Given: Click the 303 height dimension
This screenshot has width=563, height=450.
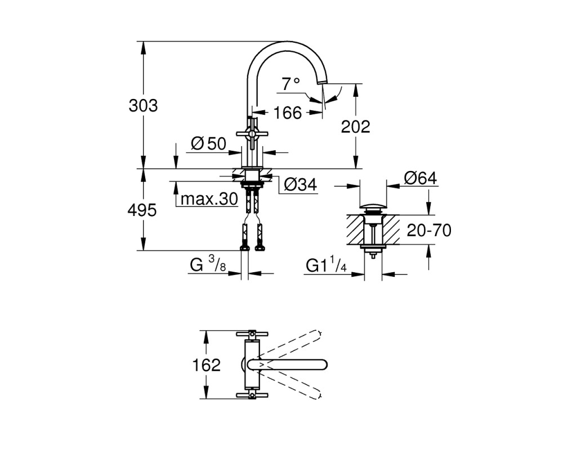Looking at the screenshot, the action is [143, 106].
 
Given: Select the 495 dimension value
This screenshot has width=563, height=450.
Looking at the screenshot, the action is [142, 210].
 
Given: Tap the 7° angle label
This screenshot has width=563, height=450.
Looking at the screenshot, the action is [291, 84].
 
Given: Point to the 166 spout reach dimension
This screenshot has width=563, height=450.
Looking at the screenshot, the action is [288, 113].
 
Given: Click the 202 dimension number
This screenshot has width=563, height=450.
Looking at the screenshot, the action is [355, 127].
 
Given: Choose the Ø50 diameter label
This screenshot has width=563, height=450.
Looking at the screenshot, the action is [209, 144].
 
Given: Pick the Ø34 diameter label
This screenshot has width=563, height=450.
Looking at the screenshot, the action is [301, 185].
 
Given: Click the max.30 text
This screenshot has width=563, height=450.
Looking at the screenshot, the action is [209, 199].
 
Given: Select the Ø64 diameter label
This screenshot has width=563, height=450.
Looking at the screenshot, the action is [421, 178].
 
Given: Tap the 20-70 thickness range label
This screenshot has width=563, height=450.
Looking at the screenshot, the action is [429, 231].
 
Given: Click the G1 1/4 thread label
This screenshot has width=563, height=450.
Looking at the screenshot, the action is [326, 265].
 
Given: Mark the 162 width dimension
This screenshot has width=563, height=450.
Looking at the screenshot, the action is [207, 365].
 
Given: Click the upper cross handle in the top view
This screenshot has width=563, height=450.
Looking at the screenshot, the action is [252, 334].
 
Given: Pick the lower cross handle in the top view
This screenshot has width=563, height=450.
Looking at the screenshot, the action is [252, 395].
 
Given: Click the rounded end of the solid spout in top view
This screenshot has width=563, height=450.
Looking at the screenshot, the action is [323, 364].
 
